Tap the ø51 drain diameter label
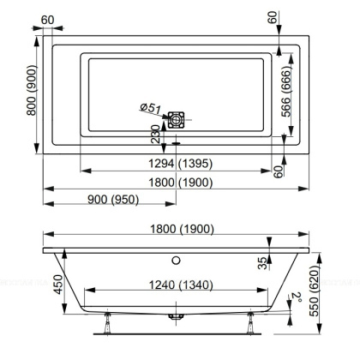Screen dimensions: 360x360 point(151,108)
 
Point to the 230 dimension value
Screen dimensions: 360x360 point(154,136)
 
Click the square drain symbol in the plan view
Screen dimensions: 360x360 point(177,121)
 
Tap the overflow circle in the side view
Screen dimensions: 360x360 point(177,260)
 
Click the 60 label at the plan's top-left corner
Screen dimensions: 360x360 point(47,20)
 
